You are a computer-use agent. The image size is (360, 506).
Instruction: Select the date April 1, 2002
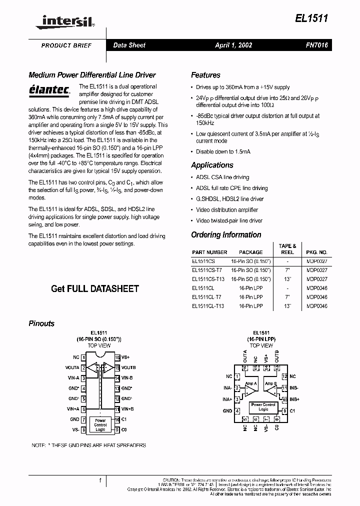[x=233, y=45]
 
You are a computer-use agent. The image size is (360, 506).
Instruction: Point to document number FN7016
[x=317, y=45]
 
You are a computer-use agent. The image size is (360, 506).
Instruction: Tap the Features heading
[x=205, y=75]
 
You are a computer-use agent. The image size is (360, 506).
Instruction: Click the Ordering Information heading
[x=226, y=234]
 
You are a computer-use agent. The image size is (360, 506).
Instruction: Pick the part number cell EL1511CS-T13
[x=208, y=279]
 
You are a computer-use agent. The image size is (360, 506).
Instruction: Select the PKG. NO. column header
[x=316, y=252]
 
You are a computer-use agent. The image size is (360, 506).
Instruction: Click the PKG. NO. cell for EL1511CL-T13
[x=316, y=306]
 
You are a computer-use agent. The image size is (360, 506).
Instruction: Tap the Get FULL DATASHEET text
[x=95, y=288]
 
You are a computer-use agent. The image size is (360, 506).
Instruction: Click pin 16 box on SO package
[x=117, y=357]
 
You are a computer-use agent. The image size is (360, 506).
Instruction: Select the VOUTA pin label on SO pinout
[x=72, y=367]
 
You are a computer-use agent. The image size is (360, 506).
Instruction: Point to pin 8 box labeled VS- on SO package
[x=83, y=429]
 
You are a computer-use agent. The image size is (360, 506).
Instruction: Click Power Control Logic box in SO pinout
[x=100, y=424]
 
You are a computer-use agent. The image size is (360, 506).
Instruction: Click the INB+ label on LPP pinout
[x=294, y=399]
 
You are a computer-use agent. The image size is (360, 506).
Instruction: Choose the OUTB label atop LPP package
[x=277, y=356]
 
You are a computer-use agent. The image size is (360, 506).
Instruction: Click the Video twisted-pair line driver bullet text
[x=229, y=220]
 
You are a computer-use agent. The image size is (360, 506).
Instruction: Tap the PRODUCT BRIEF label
[x=66, y=45]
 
